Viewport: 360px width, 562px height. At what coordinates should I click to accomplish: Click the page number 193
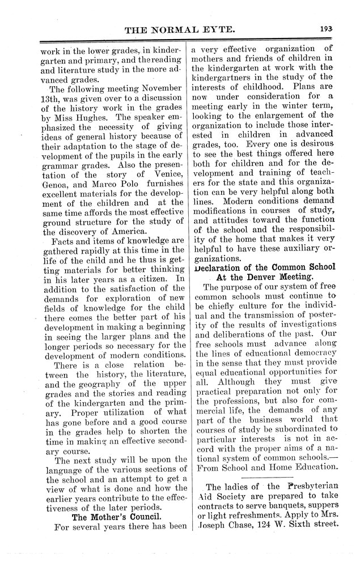tap(326, 28)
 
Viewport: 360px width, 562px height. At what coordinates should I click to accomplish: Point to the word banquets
tap(274, 506)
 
